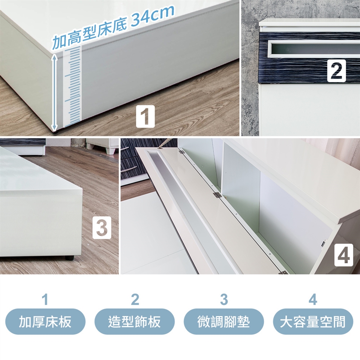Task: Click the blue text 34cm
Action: point(153,16)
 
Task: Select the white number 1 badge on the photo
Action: point(145,116)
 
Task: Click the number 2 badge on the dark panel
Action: point(336,71)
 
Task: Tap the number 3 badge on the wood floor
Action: point(102,228)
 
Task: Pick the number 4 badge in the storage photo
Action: point(343,255)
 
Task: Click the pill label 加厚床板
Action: point(45,321)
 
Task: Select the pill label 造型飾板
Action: point(134,321)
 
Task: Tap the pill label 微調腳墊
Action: point(223,321)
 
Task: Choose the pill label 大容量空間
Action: point(313,321)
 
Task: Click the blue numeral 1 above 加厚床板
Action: point(45,300)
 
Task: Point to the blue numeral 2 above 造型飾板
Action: point(135,300)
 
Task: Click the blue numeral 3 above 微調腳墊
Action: point(224,300)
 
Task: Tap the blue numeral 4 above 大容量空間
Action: point(313,300)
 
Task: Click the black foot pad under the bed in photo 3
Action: point(70,258)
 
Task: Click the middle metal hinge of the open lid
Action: point(217,195)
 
